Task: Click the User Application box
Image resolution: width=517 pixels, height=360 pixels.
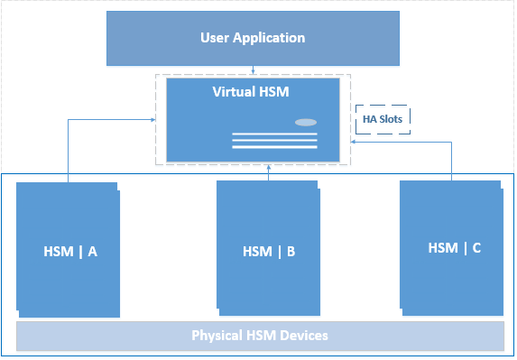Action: click(253, 38)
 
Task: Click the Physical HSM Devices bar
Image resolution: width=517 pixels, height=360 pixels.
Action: click(260, 336)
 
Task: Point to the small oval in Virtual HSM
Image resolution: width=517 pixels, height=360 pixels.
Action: click(306, 122)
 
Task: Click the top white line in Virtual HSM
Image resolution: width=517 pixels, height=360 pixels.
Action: click(274, 134)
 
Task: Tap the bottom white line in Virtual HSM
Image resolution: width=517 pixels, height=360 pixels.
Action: click(274, 147)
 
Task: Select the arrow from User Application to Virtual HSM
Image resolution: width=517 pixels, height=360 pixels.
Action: click(254, 69)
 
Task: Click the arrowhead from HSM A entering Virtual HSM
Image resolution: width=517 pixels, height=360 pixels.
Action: click(152, 118)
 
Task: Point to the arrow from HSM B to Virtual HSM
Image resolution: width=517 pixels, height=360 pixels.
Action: click(269, 173)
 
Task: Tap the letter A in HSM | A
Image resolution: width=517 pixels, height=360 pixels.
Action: click(92, 253)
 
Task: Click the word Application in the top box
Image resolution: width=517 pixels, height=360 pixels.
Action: click(268, 38)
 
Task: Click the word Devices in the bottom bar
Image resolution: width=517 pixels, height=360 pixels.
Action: click(303, 336)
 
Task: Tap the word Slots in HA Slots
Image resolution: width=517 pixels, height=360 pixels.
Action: click(392, 118)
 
